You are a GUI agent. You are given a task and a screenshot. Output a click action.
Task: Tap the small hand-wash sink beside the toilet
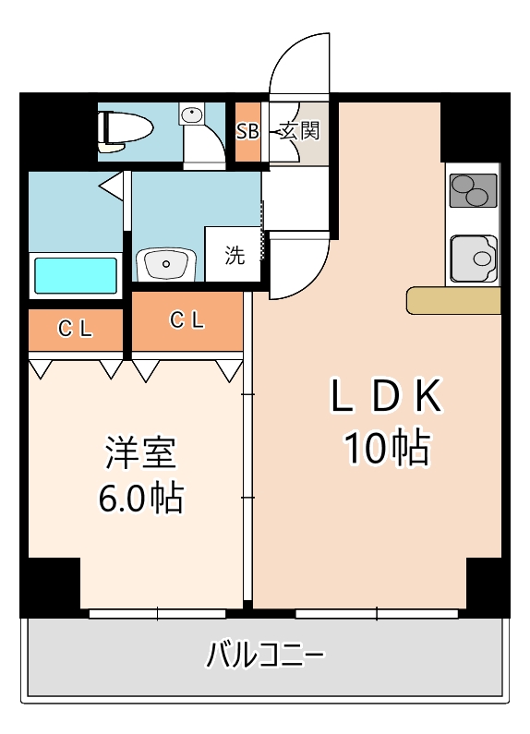pos(192,116)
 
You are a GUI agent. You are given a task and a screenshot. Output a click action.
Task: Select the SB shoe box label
pos(247,131)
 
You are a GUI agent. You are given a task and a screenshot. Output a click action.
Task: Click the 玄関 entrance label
pos(299,130)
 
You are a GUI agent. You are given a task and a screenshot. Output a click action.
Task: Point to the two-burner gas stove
pos(472,191)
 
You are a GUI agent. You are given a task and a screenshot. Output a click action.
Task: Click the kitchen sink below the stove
pos(472,258)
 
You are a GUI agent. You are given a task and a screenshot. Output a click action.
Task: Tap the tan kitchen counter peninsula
pos(453,300)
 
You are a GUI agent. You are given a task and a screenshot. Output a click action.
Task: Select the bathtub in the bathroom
pos(76,275)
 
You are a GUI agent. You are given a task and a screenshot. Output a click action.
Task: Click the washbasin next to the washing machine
pos(166,262)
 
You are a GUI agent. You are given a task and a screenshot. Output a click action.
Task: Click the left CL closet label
pos(76,329)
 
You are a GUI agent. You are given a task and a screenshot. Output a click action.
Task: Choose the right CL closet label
pos(187,320)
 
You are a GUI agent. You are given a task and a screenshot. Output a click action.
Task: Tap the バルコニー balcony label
pos(265,657)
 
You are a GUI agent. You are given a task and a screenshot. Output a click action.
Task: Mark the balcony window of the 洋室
pos(158,613)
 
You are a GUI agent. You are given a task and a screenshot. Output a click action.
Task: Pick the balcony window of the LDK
pos(378,613)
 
